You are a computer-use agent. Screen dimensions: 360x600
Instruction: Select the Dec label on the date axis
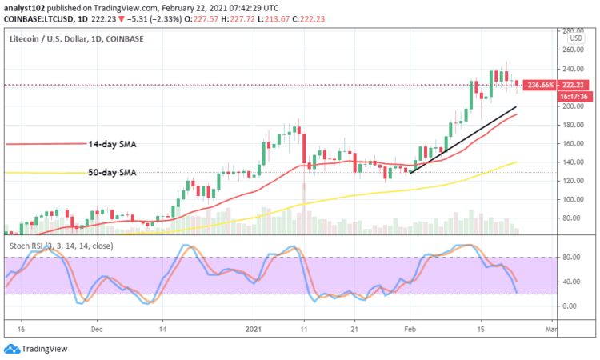click(x=96, y=328)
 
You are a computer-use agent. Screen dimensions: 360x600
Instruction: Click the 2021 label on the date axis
click(x=254, y=328)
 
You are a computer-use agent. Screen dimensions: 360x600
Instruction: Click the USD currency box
click(x=575, y=38)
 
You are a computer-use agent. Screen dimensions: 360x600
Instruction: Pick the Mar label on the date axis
click(x=550, y=328)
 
